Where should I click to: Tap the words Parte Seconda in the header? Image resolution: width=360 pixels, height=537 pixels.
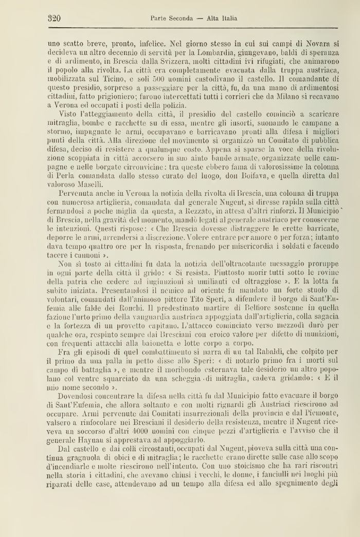click(x=171, y=19)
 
